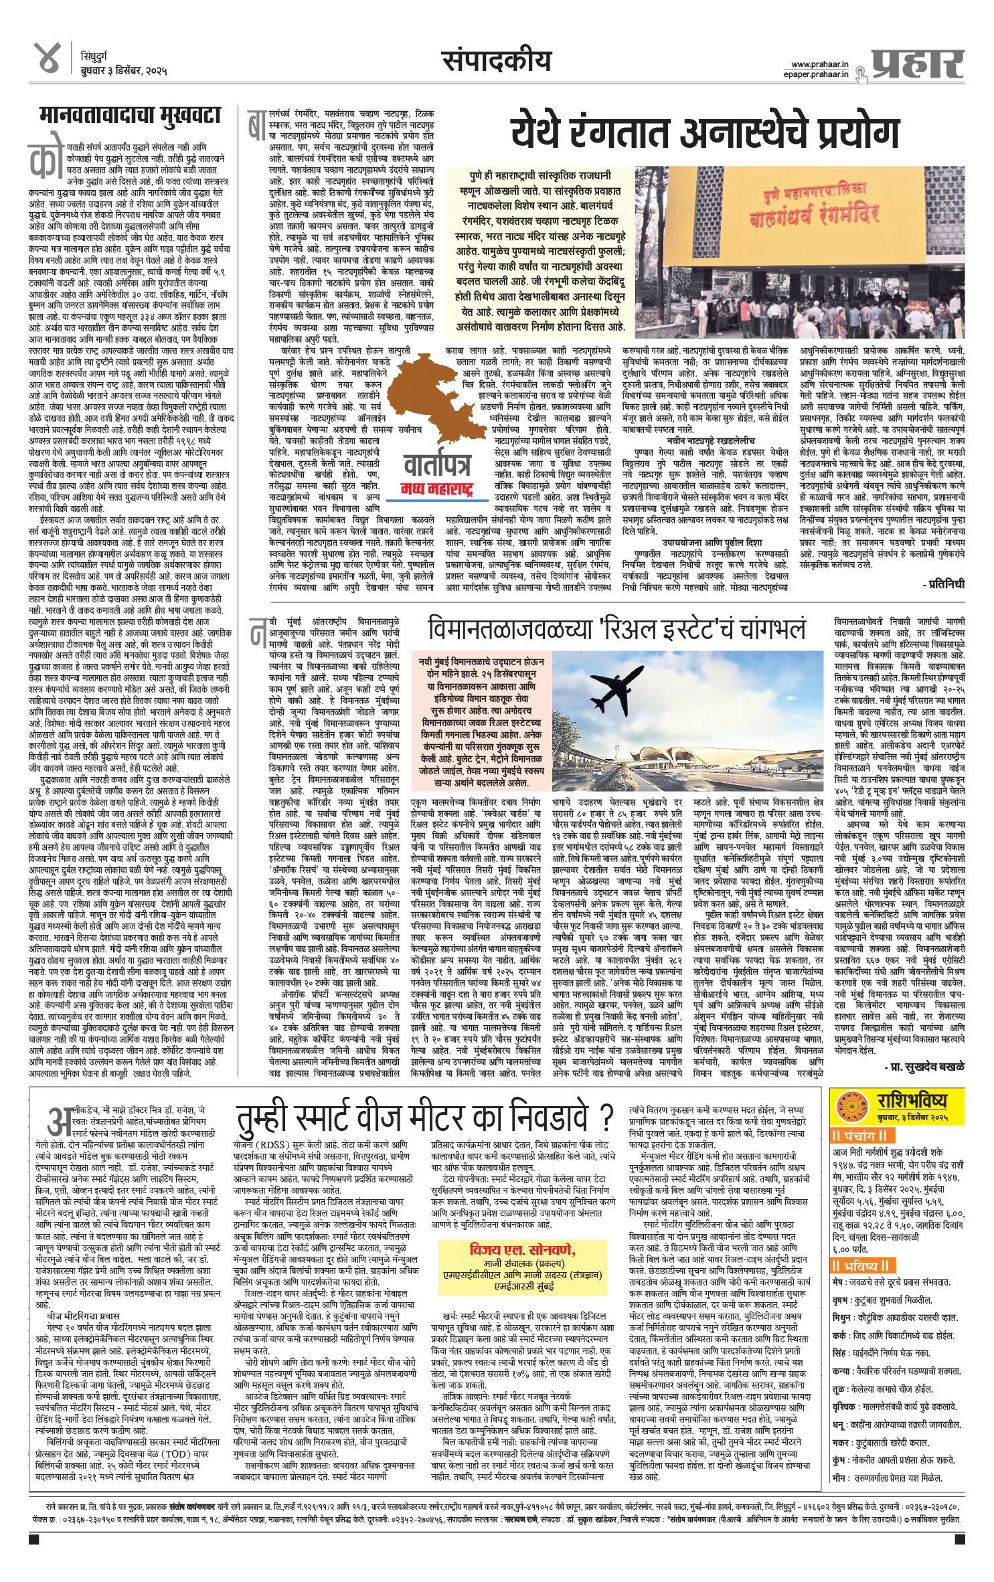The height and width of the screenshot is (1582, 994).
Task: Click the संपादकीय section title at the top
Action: (497, 62)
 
